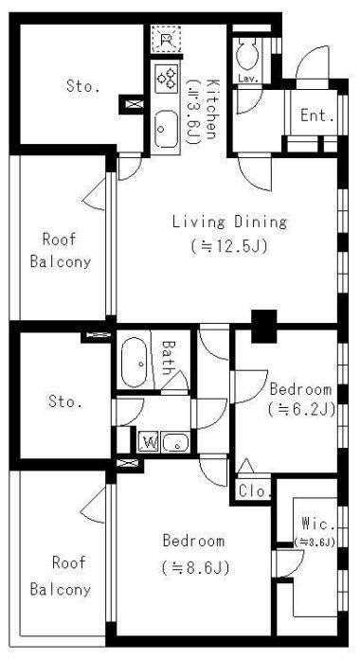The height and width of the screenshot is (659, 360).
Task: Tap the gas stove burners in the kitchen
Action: point(167,79)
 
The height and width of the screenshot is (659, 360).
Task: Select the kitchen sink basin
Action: point(166,129)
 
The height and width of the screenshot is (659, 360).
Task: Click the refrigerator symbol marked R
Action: point(167,39)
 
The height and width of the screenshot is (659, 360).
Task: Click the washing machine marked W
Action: point(149,442)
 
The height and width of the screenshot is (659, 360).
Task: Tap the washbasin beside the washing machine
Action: point(176,442)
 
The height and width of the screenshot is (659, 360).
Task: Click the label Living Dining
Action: point(229,222)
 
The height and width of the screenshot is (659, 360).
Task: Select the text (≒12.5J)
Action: point(229,246)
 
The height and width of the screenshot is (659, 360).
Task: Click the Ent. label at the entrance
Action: point(317,116)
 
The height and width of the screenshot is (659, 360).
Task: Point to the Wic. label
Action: point(318,525)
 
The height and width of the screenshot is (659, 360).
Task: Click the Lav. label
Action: point(248,79)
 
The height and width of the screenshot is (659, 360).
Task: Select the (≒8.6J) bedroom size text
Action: point(195,568)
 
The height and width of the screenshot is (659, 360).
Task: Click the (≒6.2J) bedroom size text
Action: point(301,409)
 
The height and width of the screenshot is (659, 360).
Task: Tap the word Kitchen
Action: point(211,109)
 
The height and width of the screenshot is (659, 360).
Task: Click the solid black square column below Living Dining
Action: point(264,326)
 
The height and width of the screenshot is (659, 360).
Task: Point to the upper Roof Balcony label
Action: point(61,251)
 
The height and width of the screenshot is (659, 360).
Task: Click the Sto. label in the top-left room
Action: point(82,86)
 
